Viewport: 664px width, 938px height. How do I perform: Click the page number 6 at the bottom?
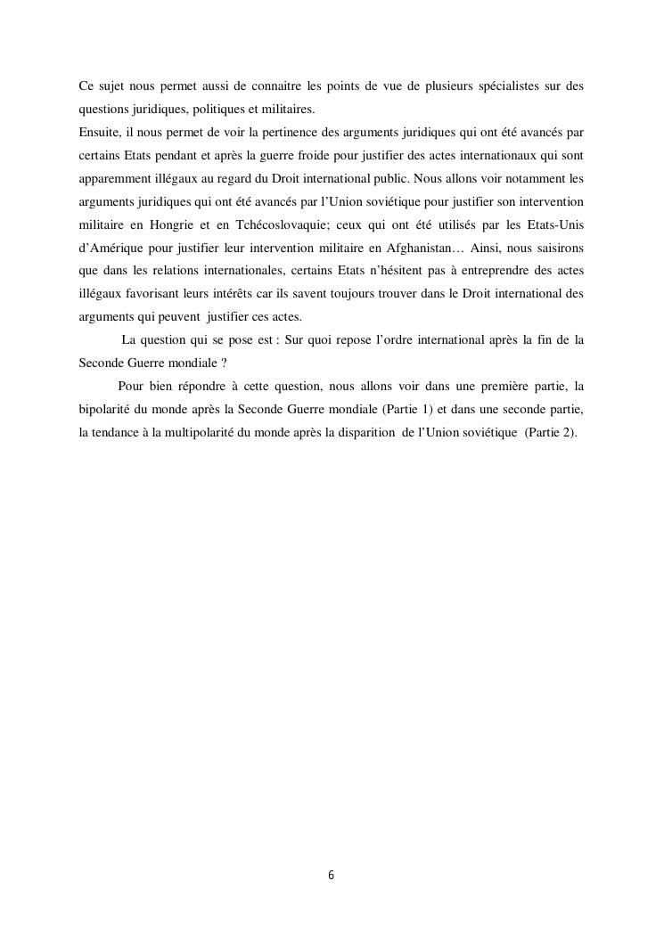[332, 876]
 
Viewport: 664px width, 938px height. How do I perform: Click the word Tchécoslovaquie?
[277, 224]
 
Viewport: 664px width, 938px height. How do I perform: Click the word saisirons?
[558, 247]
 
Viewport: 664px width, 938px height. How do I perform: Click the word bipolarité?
[105, 409]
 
